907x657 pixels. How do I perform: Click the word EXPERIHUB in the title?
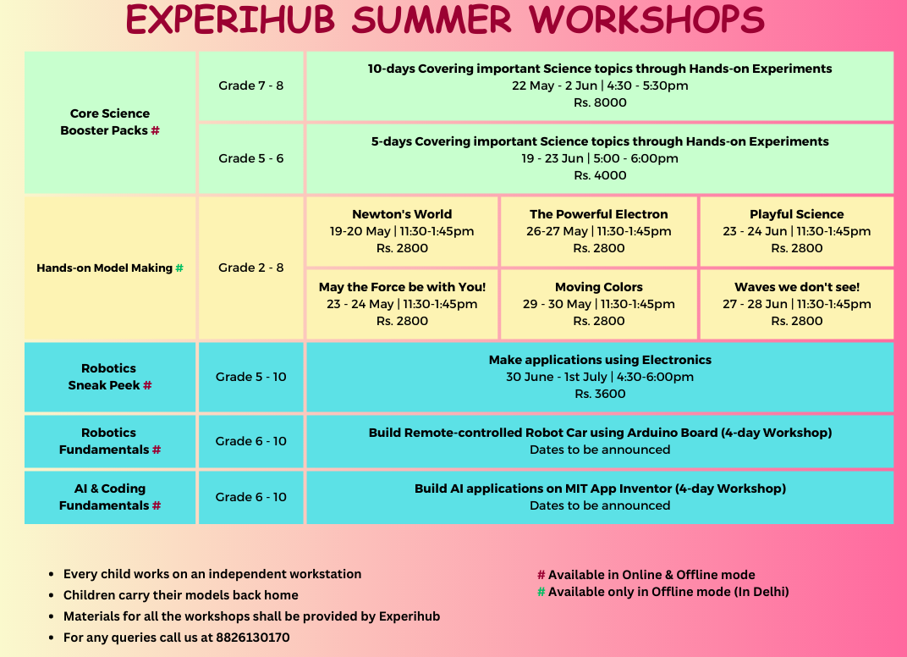click(x=230, y=19)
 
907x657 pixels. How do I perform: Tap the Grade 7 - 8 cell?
click(x=251, y=86)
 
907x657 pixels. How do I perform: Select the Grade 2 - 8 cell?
click(x=251, y=268)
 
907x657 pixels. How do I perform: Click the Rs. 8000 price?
click(x=600, y=102)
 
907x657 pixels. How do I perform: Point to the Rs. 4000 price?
click(x=600, y=175)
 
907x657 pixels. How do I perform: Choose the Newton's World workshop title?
click(x=402, y=214)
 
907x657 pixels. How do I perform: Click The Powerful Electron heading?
click(x=599, y=214)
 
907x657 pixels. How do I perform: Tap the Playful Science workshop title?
click(x=796, y=214)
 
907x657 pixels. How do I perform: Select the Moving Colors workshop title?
click(x=599, y=287)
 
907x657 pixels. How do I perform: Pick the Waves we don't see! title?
click(x=796, y=287)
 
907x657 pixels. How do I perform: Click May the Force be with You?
click(x=402, y=287)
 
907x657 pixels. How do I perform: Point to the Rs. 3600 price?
click(x=600, y=394)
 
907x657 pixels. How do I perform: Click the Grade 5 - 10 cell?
click(x=251, y=377)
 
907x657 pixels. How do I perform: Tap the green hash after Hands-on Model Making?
click(x=179, y=268)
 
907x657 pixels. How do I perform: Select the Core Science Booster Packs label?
click(x=110, y=122)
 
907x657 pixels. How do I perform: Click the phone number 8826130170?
click(x=253, y=638)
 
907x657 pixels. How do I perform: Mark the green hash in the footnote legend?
click(x=541, y=592)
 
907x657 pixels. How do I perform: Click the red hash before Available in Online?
click(x=541, y=575)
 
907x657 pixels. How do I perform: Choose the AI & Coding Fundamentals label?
click(x=110, y=497)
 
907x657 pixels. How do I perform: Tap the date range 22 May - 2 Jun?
click(x=554, y=86)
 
